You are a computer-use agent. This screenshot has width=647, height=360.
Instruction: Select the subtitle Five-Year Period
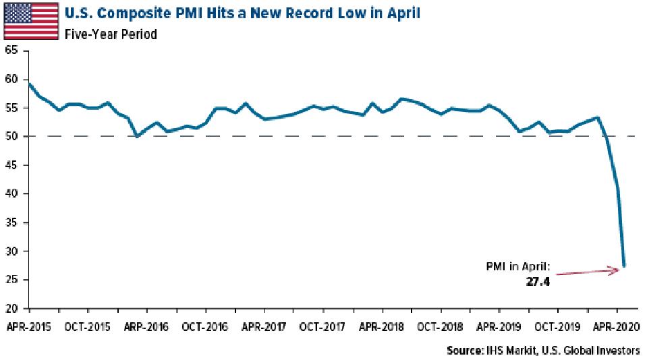click(x=111, y=33)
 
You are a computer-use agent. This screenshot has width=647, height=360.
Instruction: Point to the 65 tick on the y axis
click(x=10, y=51)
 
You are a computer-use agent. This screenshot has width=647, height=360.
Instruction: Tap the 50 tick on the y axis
click(x=10, y=136)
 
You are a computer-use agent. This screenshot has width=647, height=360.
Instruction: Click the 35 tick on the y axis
click(x=10, y=222)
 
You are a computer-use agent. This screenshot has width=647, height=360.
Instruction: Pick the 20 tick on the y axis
click(x=10, y=309)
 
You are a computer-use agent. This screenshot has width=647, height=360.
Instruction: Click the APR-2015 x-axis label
click(x=29, y=327)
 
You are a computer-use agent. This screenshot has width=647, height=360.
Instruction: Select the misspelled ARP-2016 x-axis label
click(x=147, y=327)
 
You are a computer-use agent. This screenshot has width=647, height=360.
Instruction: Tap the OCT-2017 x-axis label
click(x=322, y=327)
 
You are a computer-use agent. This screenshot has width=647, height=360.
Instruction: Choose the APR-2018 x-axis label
click(x=382, y=327)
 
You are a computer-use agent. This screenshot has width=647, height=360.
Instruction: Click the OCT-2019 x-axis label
click(x=557, y=327)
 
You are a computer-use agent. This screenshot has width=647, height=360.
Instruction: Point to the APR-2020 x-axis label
click(x=616, y=327)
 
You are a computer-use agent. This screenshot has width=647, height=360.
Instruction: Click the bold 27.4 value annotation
click(x=538, y=282)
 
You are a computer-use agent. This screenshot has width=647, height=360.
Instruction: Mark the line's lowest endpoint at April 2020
click(x=624, y=266)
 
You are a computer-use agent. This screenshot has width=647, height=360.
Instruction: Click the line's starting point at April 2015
click(x=30, y=84)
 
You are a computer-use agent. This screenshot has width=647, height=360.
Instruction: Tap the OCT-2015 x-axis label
click(x=88, y=327)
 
